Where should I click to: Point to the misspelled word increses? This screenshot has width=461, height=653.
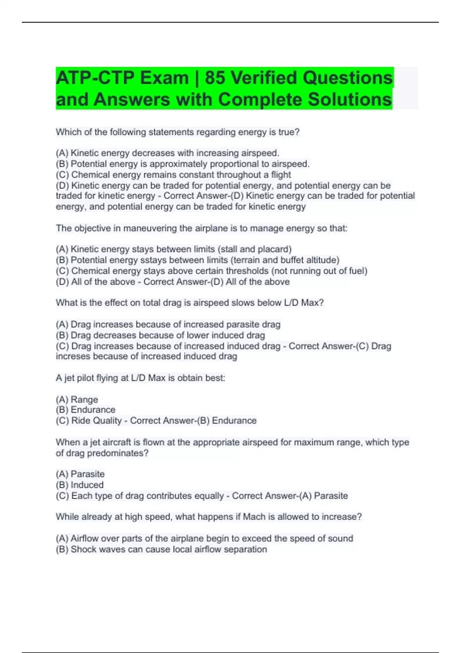pyautogui.click(x=73, y=356)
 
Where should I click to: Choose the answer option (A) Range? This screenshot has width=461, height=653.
pyautogui.click(x=77, y=399)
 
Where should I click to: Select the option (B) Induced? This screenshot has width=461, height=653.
pyautogui.click(x=80, y=485)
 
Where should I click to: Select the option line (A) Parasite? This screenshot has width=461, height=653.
pyautogui.click(x=80, y=474)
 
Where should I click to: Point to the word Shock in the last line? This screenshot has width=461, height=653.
pyautogui.click(x=82, y=549)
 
